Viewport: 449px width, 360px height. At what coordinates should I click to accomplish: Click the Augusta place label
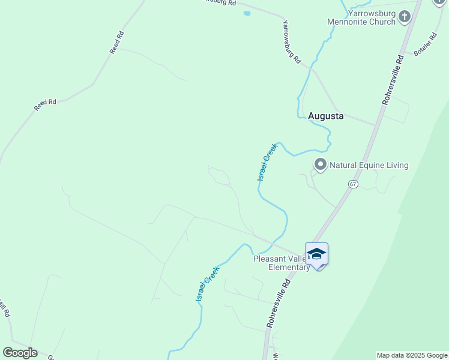(x=326, y=116)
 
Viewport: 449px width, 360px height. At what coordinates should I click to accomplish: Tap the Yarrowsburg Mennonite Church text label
(x=361, y=17)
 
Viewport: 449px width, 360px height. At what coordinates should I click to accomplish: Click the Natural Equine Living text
(x=369, y=165)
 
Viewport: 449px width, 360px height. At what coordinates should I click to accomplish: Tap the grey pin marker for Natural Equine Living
(x=321, y=164)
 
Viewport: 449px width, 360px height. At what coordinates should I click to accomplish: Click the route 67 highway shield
(x=352, y=184)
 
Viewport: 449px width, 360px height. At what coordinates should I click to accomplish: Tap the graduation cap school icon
(x=316, y=254)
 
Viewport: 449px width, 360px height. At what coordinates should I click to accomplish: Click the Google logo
(x=20, y=353)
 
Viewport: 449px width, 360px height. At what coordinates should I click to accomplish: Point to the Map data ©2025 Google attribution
(x=412, y=355)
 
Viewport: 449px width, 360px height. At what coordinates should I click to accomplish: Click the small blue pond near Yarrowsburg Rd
(x=247, y=13)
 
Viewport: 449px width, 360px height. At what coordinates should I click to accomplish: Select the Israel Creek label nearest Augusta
(x=268, y=161)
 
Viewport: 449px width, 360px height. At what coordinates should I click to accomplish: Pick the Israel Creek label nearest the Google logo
(x=206, y=284)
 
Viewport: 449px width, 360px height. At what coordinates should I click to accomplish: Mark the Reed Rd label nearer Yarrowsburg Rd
(x=116, y=43)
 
